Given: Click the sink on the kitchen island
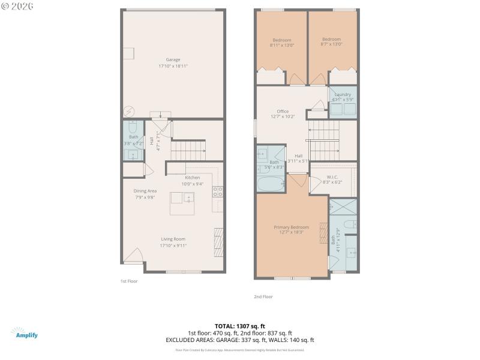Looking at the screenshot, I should (x=189, y=197).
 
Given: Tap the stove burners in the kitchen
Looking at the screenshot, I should (x=219, y=192).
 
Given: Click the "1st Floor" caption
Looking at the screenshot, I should (x=130, y=281).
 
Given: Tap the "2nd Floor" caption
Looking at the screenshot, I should (x=263, y=296).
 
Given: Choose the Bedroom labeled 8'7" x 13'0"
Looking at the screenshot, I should (x=331, y=42).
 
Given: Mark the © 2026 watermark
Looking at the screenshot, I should (x=17, y=6).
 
